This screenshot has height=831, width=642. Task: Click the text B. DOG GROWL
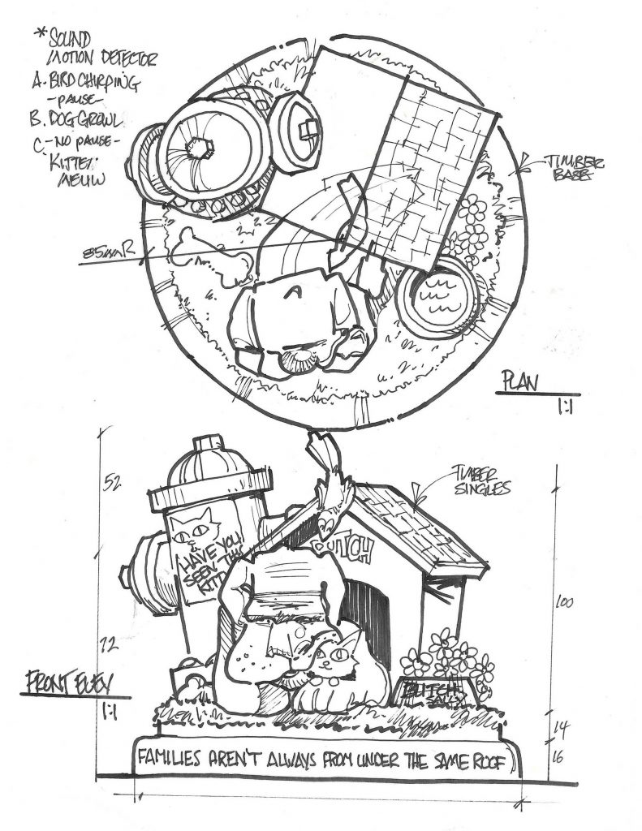click(75, 120)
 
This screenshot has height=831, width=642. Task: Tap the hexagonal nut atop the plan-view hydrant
click(199, 149)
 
